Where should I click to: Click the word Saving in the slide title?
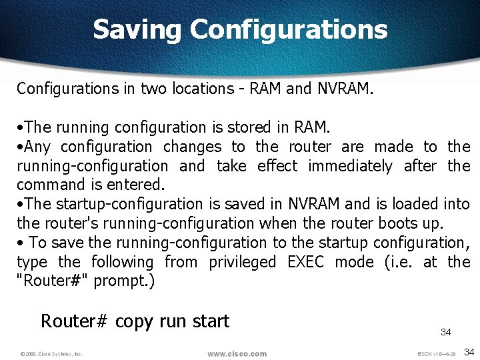137,29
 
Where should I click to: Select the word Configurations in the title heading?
288,29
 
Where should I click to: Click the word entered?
140,185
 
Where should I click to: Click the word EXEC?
305,262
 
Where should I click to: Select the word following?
122,262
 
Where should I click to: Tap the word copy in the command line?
134,321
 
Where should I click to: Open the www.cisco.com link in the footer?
237,353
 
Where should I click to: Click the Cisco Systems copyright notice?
51,353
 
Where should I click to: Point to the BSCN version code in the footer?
437,353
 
